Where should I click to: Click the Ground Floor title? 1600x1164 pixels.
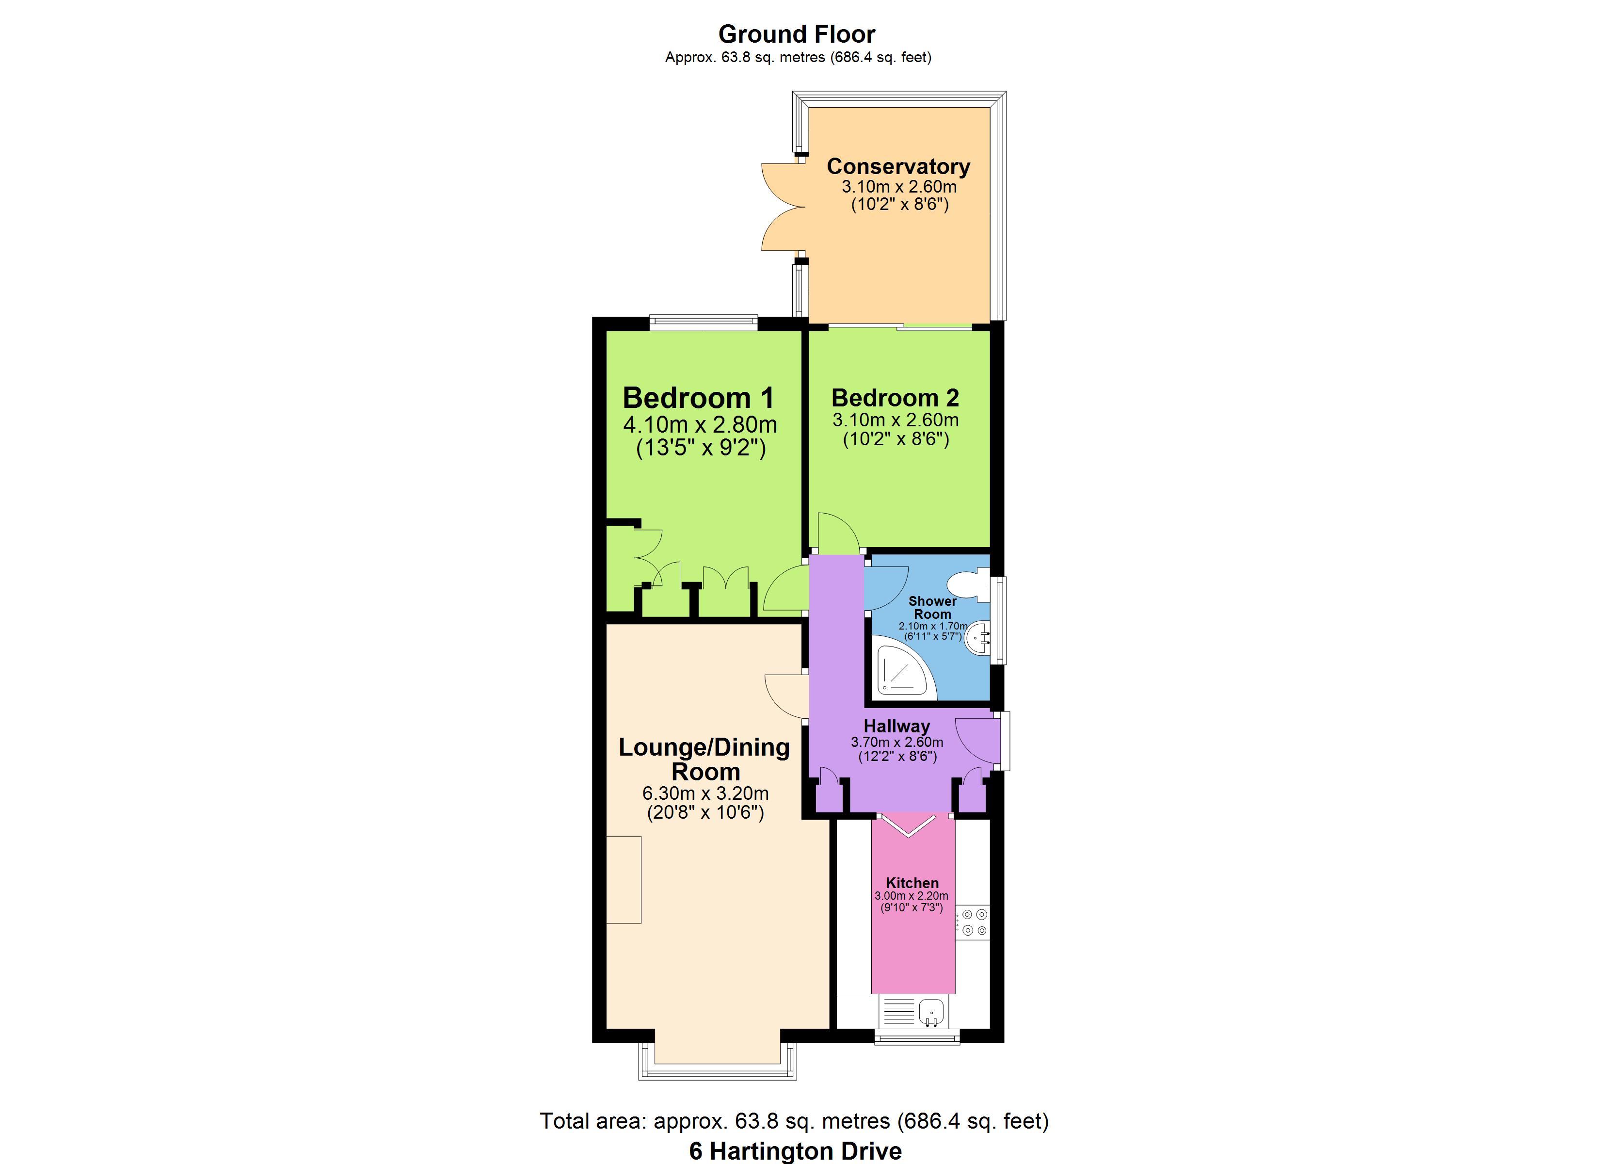point(797,34)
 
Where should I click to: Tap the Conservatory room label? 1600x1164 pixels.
point(898,166)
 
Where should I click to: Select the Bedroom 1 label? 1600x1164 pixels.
point(698,398)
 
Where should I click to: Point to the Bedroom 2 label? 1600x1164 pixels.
point(895,398)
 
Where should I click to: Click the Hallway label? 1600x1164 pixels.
point(896,726)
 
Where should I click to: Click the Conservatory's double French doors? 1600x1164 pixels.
point(783,207)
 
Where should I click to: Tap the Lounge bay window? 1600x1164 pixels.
point(718,1063)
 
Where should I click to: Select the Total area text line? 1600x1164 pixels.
point(794,1121)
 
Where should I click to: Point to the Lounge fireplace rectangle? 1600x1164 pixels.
point(624,879)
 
